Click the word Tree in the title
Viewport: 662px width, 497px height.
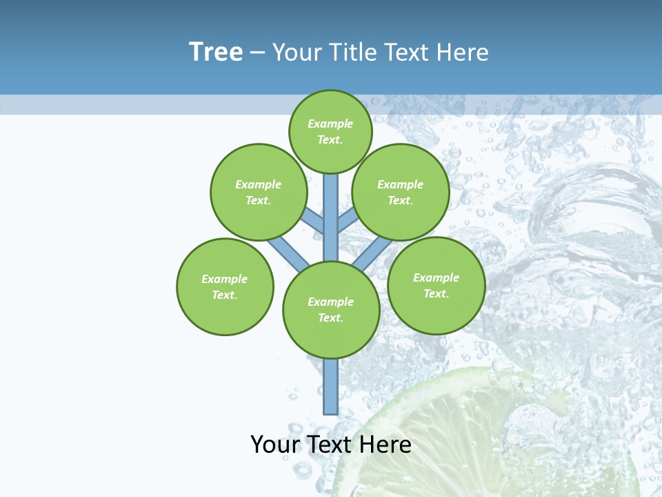tap(216, 52)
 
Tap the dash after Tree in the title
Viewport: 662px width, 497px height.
tap(258, 53)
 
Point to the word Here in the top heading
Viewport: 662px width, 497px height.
tap(463, 52)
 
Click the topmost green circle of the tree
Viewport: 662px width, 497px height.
tap(330, 131)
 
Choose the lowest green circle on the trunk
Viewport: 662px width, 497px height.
tap(331, 310)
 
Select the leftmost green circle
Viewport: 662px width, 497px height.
tap(225, 286)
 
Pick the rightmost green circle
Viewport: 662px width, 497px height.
tap(436, 285)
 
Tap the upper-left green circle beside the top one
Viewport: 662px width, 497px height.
tap(258, 192)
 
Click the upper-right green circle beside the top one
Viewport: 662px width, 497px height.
tap(400, 192)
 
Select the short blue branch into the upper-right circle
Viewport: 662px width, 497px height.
tap(347, 221)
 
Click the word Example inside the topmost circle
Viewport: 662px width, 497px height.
tap(330, 124)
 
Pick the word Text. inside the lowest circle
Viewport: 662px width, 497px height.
tap(330, 318)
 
